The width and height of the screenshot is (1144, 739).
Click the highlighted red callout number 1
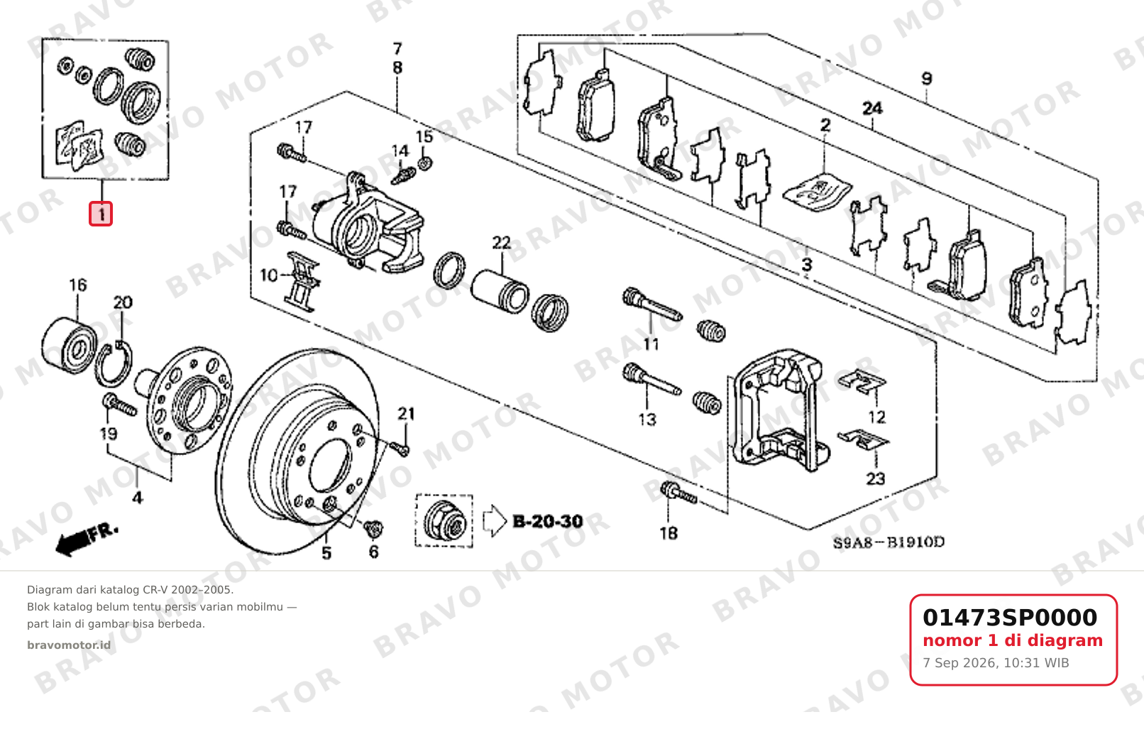coord(101,214)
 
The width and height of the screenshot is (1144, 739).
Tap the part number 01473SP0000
coord(1010,618)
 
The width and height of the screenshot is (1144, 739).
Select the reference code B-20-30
coord(547,521)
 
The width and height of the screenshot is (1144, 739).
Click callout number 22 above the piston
coord(501,243)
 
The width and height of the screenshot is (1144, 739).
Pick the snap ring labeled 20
coord(114,365)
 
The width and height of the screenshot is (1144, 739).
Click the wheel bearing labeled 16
coord(69,342)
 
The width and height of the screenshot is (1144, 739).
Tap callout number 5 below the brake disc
coord(326,552)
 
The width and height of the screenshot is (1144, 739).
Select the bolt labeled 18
coord(679,493)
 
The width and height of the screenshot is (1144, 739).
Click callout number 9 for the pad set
coord(926,79)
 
